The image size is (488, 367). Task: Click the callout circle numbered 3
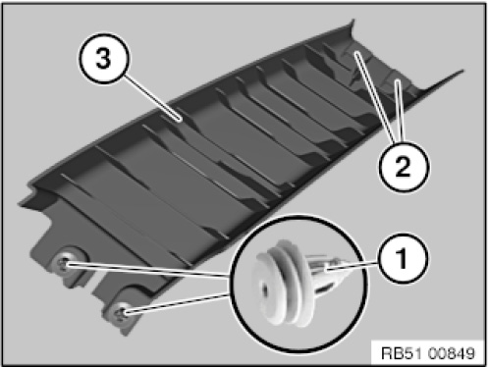click(x=104, y=59)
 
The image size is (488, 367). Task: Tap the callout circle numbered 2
click(x=403, y=166)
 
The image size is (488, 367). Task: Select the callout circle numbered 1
click(x=403, y=258)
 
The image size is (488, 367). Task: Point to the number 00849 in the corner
click(x=451, y=353)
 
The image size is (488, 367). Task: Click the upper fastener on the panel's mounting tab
click(x=63, y=263)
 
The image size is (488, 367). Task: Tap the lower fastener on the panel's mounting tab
click(x=122, y=313)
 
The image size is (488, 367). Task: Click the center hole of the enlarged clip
click(x=264, y=288)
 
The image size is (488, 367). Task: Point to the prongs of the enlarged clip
click(x=327, y=269)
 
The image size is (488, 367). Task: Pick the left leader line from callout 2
click(x=374, y=98)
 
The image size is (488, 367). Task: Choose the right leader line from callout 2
click(x=400, y=112)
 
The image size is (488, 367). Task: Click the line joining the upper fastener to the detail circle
click(x=146, y=271)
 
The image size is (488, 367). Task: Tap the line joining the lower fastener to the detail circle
click(x=176, y=303)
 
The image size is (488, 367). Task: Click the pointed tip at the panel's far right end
click(x=462, y=71)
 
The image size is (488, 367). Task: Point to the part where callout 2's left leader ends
click(x=356, y=53)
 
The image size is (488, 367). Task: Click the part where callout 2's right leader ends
click(x=398, y=80)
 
